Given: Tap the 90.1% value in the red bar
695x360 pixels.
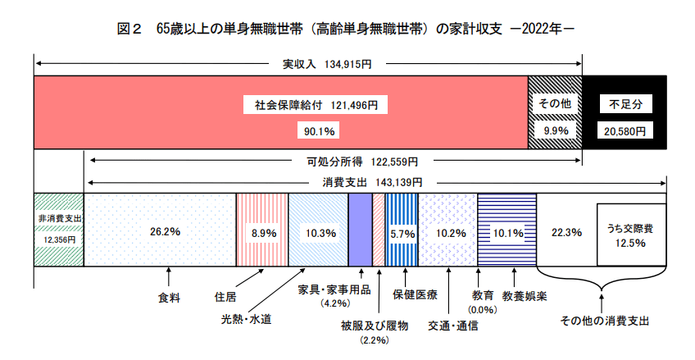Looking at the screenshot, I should pos(316,130).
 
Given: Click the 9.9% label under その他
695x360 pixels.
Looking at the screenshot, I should pos(553,130).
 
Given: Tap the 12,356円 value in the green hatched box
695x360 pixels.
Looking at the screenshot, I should pos(58,239).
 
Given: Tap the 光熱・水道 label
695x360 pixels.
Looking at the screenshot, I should pos(245,318).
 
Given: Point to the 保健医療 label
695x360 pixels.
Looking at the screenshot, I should pos(415,294).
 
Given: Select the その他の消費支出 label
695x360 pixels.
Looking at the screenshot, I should pos(604,320).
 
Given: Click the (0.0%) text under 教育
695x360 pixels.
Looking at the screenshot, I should pos(482,309).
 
